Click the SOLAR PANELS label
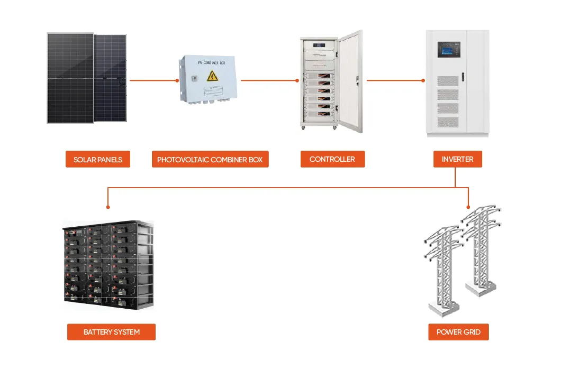97,160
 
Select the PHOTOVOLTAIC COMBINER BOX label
210,160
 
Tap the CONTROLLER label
332,159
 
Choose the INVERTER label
457,159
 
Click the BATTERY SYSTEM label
111,332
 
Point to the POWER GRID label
458,332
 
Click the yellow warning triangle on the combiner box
212,76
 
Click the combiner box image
207,79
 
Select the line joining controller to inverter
395,80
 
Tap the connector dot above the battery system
108,207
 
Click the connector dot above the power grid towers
469,207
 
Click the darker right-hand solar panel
111,78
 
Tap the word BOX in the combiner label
254,160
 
